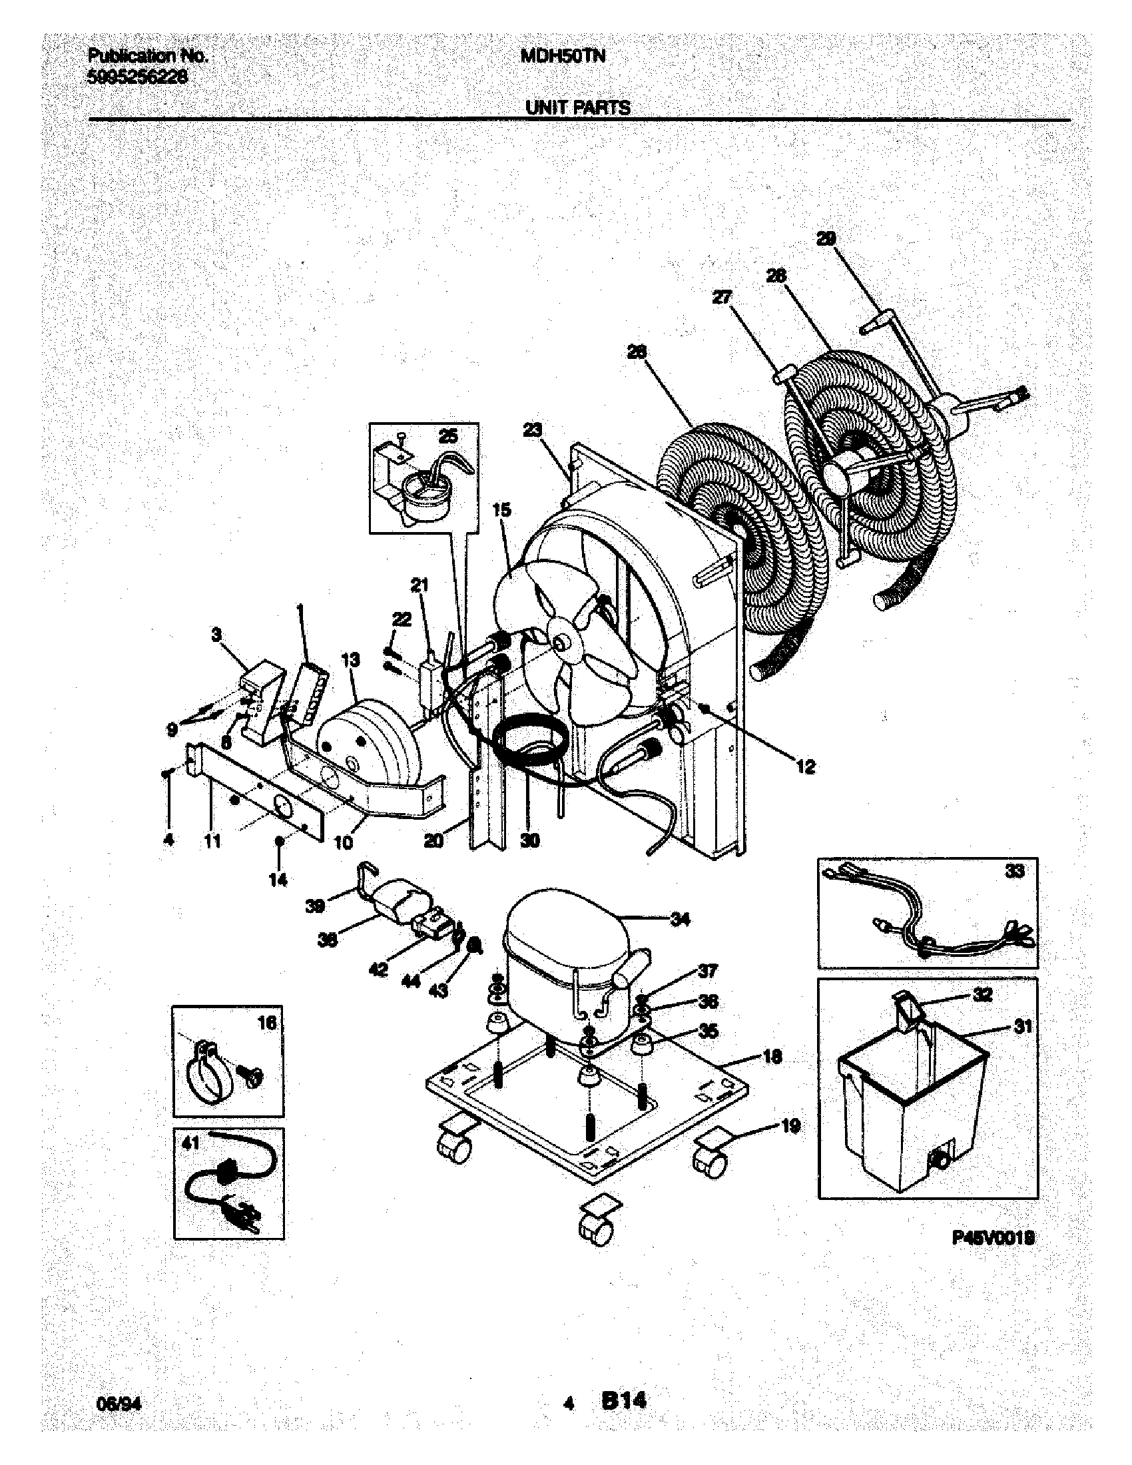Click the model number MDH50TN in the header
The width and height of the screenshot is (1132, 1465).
(563, 57)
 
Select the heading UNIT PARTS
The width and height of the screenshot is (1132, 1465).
(577, 108)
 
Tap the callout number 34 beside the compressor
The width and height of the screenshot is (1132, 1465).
(680, 920)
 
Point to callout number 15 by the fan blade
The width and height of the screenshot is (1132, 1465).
(501, 510)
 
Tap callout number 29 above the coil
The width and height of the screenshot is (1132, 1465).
(826, 238)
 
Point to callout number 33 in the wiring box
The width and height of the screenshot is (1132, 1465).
(1015, 872)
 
